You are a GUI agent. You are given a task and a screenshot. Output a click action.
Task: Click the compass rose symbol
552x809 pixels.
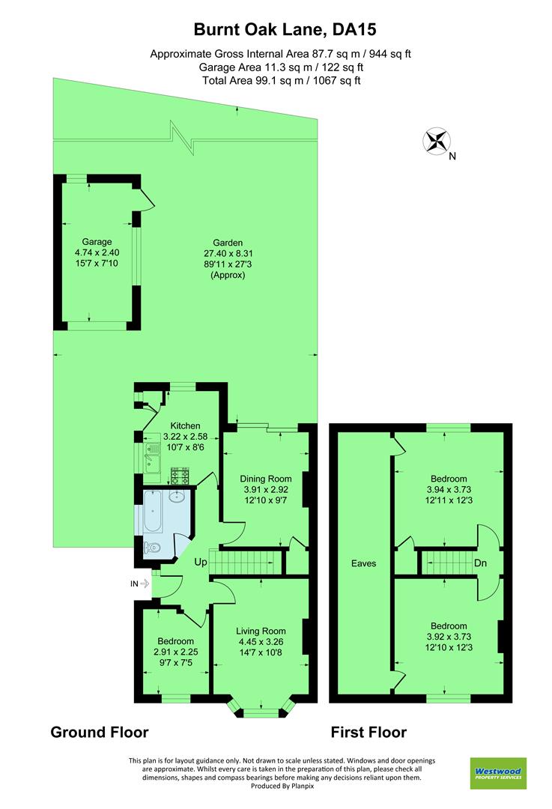click(436, 142)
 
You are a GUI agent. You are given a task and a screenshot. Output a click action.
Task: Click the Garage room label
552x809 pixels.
click(97, 242)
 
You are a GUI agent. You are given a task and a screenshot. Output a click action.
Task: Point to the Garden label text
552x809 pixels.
click(228, 243)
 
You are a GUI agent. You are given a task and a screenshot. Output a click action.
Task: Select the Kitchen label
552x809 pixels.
click(184, 426)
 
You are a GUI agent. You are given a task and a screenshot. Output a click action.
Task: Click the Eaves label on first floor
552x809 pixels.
click(364, 563)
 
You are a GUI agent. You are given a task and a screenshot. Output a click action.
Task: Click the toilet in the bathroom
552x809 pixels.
click(154, 548)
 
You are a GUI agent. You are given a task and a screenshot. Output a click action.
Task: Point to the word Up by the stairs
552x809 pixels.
click(201, 562)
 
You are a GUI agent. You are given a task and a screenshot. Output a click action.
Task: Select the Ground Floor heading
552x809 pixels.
click(99, 732)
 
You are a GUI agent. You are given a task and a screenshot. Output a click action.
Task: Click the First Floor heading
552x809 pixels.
click(368, 732)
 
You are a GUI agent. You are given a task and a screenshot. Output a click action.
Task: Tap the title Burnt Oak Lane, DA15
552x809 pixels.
click(275, 30)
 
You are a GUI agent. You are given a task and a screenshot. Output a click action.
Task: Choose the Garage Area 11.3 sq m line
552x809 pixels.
click(276, 67)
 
